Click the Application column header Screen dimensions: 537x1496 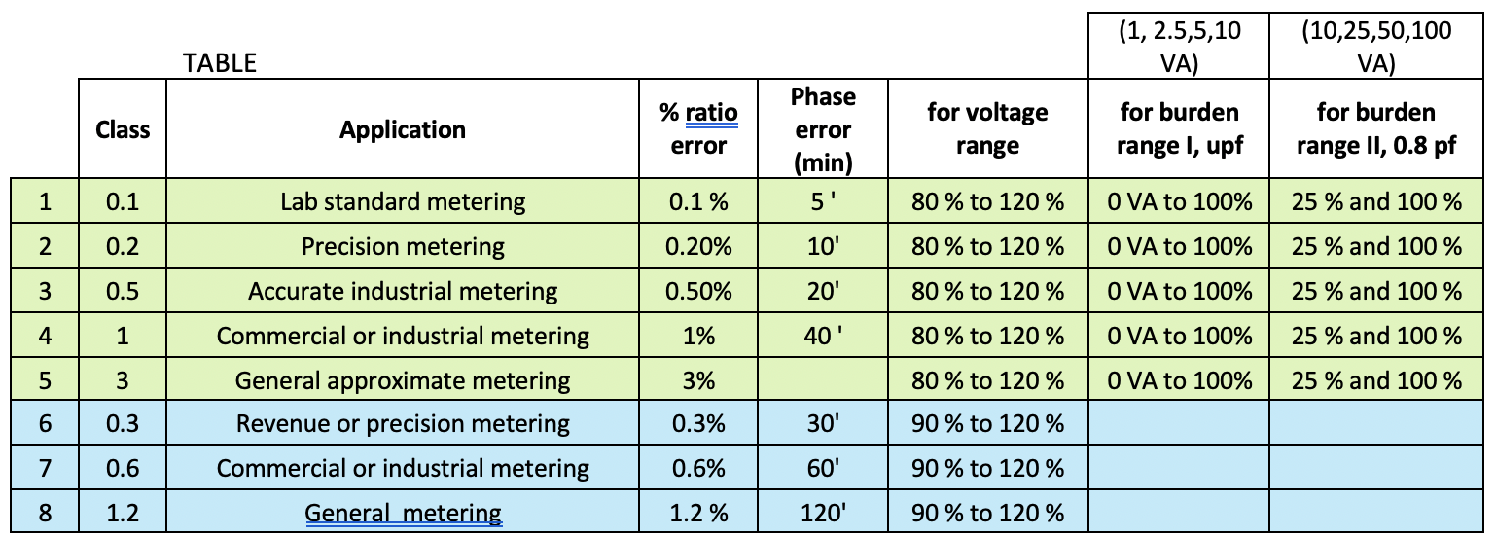(x=403, y=129)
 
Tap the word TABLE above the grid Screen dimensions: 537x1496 (x=220, y=63)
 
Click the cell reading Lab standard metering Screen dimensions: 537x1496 (x=403, y=202)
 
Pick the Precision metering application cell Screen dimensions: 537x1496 (x=403, y=246)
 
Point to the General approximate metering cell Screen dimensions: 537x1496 (x=403, y=379)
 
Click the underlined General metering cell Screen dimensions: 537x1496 (x=403, y=513)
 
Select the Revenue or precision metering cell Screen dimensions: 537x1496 (x=403, y=423)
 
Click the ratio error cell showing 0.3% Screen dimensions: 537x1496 (x=698, y=423)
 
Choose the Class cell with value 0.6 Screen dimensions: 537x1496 (x=123, y=468)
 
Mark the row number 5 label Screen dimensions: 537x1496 (x=45, y=379)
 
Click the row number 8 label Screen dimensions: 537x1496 (x=45, y=513)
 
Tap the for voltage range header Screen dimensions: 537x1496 (x=987, y=129)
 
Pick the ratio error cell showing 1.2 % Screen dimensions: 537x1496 (x=698, y=513)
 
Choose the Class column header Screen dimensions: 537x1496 (x=123, y=129)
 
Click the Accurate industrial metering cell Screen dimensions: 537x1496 (x=403, y=291)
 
